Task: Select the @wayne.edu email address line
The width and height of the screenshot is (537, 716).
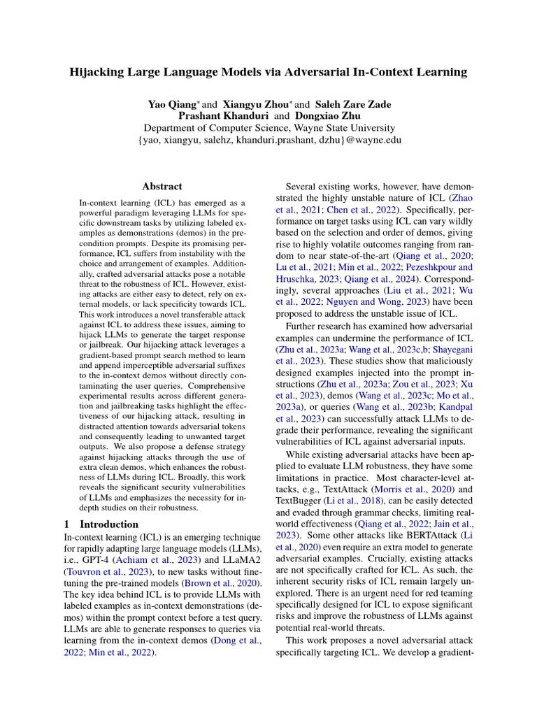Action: coord(269,140)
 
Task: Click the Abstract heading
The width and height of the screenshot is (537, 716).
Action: coord(162,187)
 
